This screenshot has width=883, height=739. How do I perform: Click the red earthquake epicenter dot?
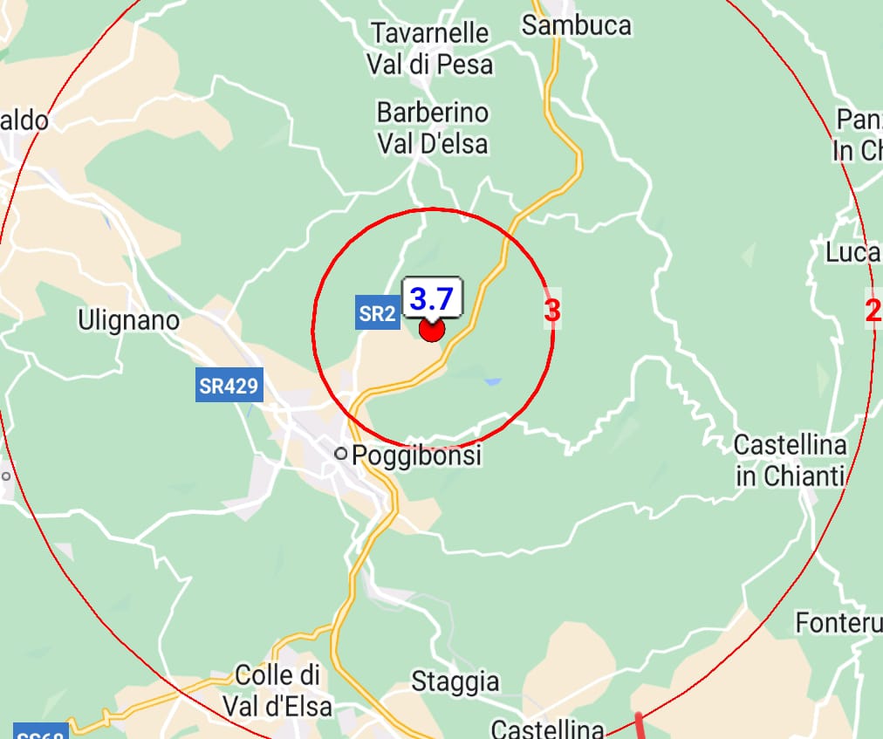point(432,330)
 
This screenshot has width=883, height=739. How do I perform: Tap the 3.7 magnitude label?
point(432,299)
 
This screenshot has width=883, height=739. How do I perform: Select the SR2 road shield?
point(377,314)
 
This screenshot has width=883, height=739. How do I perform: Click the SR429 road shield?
point(229,385)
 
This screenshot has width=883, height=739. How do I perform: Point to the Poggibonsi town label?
point(416,455)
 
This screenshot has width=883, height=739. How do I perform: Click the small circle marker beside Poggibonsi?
point(340,454)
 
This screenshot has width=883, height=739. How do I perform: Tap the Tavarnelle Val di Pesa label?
point(429,49)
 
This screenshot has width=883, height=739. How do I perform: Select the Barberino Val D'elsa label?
point(433,127)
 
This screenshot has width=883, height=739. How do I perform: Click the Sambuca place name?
point(576,25)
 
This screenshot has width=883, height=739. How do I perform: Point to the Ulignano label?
point(128,320)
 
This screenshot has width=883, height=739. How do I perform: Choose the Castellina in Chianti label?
point(791,461)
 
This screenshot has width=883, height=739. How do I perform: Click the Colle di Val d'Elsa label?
point(277,689)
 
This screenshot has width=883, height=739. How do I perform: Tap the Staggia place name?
point(455,681)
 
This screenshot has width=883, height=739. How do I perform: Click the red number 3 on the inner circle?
point(551,310)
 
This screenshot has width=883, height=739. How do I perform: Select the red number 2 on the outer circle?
point(873,310)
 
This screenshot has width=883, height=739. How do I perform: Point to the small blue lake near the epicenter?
point(493,381)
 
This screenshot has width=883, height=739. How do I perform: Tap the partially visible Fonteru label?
point(838,623)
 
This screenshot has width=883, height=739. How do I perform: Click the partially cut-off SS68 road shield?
point(40,732)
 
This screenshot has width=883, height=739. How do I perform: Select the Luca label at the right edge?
point(853,252)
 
